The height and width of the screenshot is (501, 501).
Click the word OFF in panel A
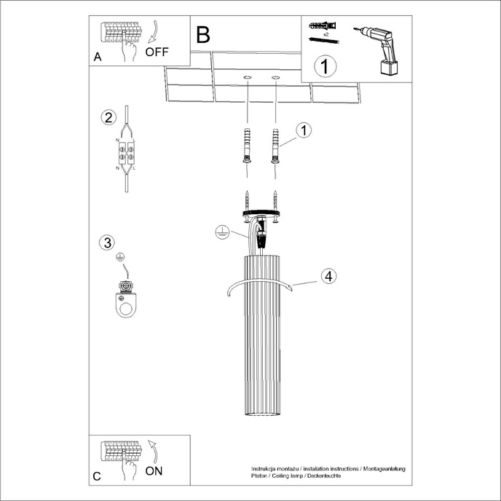(157, 52)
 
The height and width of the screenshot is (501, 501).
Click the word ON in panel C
(154, 470)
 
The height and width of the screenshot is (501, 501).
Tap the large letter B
(202, 33)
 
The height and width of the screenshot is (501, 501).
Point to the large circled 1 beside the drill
(325, 66)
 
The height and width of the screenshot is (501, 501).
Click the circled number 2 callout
(108, 117)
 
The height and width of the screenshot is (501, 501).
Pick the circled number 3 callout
(108, 242)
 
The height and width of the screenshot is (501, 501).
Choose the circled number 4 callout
(328, 276)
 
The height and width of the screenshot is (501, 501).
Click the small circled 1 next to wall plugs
(304, 130)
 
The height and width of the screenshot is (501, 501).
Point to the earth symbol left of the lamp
(222, 233)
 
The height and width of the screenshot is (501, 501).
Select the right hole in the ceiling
(276, 77)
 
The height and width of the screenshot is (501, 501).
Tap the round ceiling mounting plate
(261, 210)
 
